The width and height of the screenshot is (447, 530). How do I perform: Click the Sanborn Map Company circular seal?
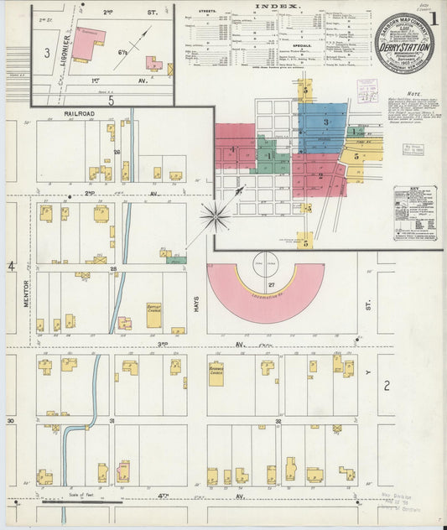click(403, 43)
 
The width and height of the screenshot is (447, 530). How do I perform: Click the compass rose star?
click(216, 218)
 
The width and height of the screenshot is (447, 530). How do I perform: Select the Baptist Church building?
click(153, 315)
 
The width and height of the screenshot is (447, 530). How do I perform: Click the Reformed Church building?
click(216, 373)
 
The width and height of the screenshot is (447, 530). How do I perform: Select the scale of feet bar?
click(81, 501)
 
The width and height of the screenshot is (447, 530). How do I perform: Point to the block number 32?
click(278, 420)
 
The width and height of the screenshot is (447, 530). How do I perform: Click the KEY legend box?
click(415, 213)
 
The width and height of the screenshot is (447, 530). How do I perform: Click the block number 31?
click(112, 420)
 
